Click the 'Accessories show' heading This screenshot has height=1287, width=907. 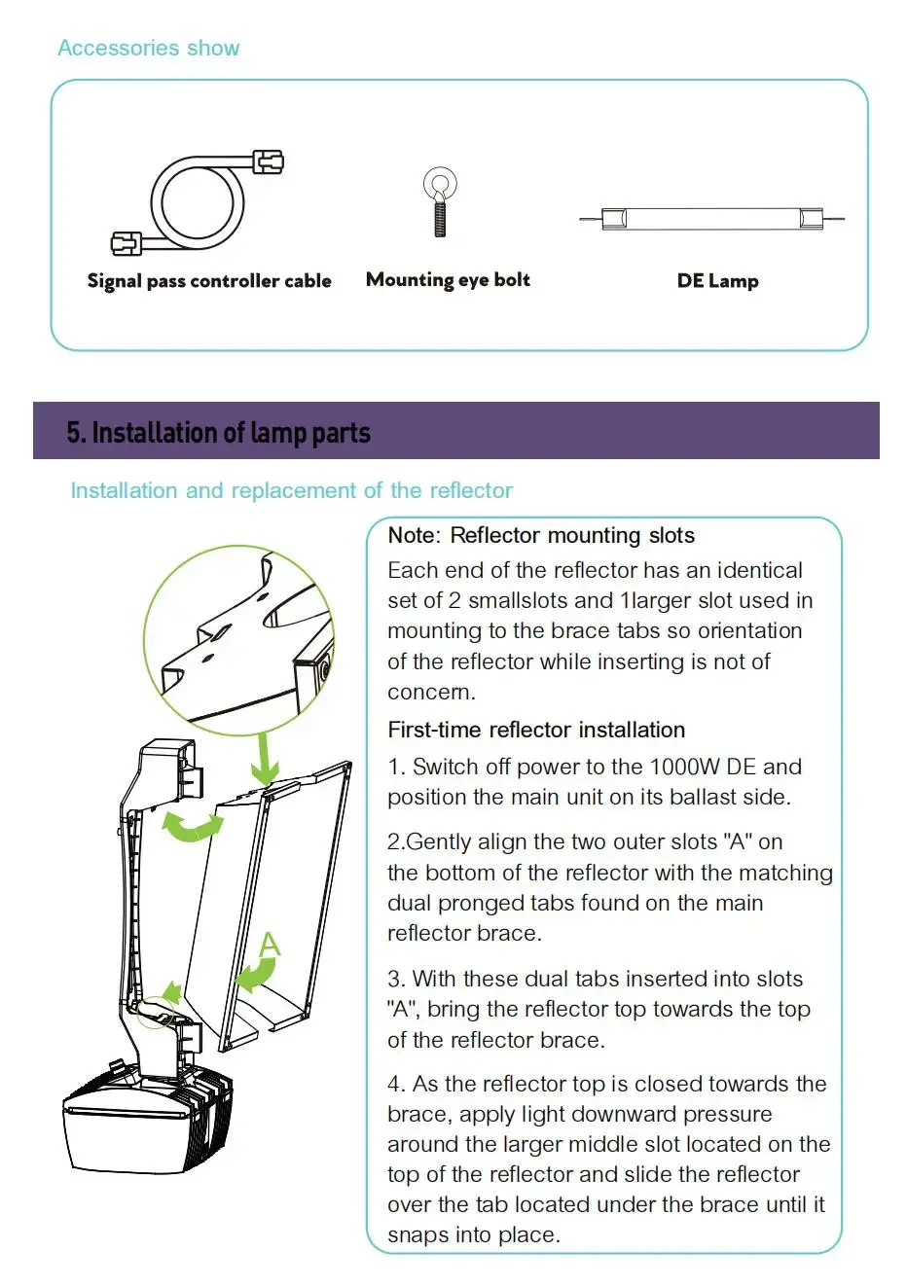coord(148,48)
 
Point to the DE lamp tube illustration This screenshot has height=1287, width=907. coord(711,219)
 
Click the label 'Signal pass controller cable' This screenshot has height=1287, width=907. coord(209,281)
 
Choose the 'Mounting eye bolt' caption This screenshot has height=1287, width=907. coord(448,280)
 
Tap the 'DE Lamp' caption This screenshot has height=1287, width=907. coord(717,281)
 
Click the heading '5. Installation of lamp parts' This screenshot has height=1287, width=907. coord(219,433)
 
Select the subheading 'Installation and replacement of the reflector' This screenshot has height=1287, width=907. coord(291,490)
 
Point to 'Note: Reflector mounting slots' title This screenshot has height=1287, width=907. coord(541,535)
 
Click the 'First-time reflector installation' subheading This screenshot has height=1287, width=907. coord(536,730)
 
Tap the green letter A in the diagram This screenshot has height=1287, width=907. coord(270,944)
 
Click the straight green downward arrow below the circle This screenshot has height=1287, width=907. coord(264,760)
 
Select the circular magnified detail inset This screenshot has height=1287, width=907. coord(239,637)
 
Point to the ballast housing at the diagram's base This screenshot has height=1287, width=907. coord(146,1119)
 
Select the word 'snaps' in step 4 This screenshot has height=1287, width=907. coord(416,1234)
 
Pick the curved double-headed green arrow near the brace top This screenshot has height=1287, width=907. coord(192,827)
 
